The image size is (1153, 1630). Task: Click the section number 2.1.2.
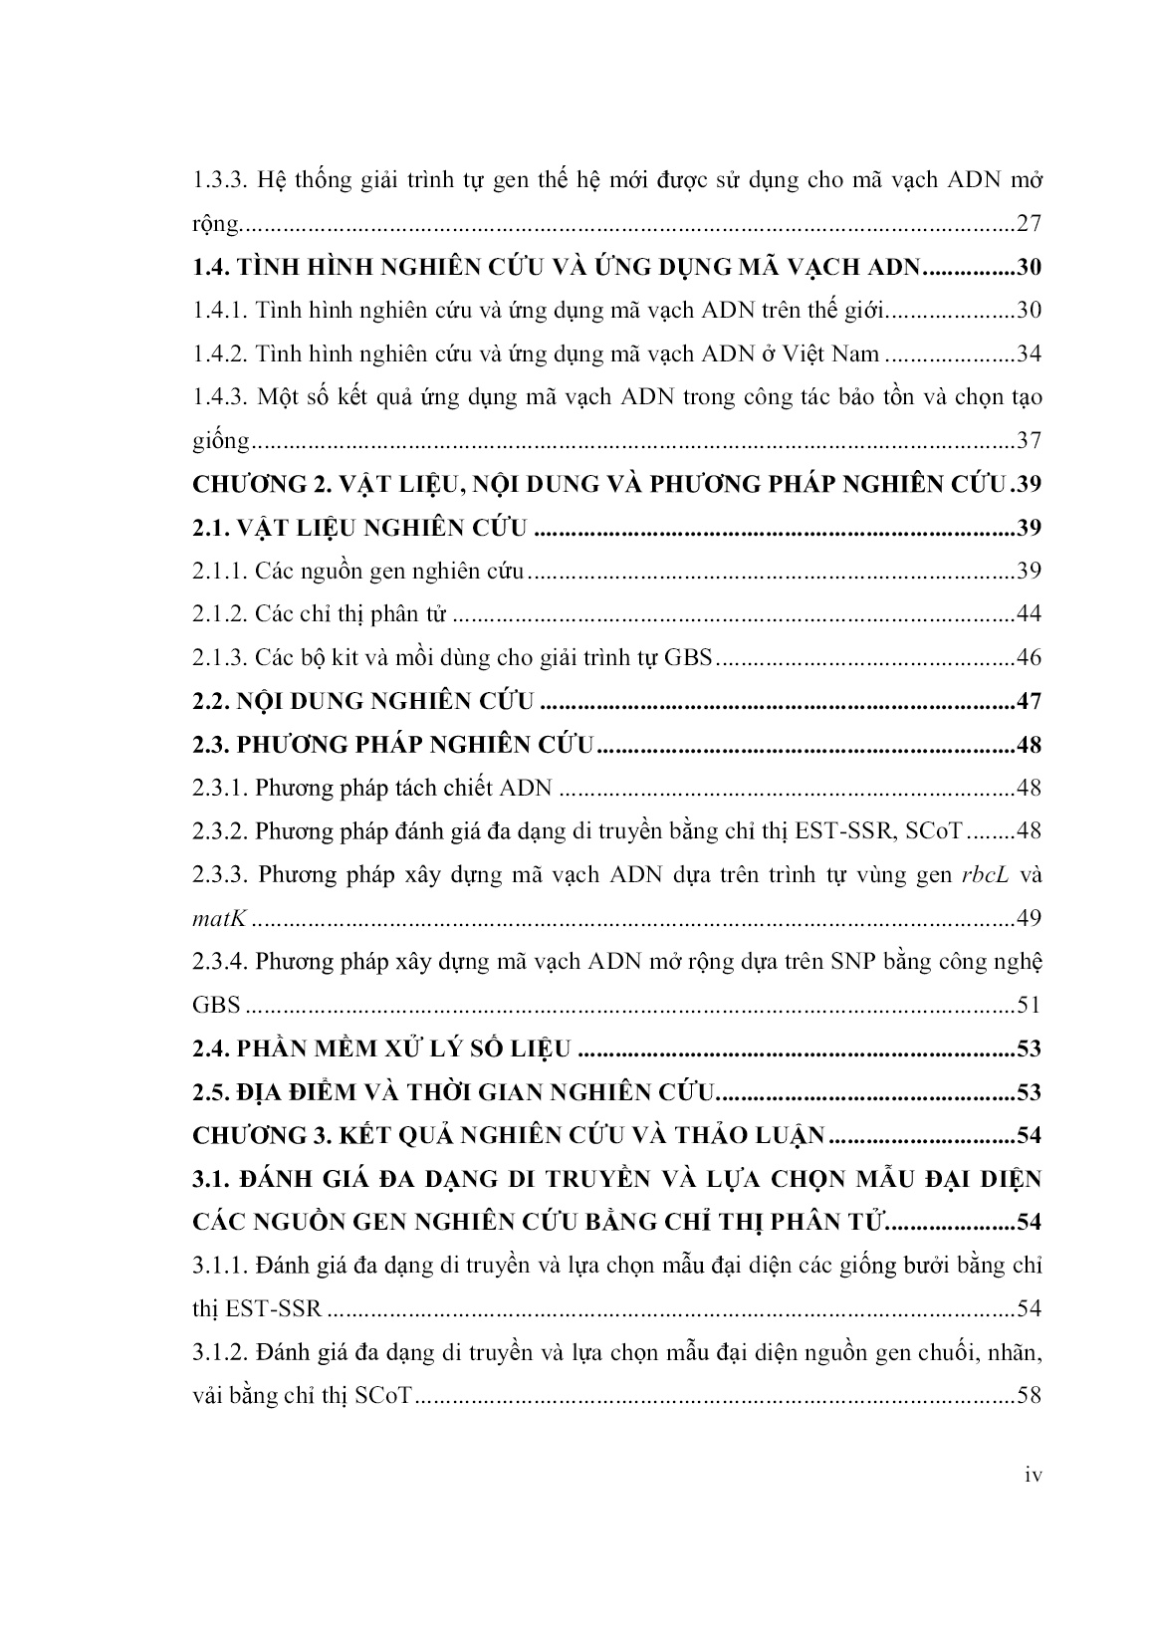coord(218,613)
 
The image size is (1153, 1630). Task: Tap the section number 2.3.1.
coord(218,788)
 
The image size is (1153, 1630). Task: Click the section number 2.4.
coord(211,1048)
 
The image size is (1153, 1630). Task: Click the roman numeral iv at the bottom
coord(1033,1476)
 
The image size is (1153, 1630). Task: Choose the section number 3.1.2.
coord(218,1352)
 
